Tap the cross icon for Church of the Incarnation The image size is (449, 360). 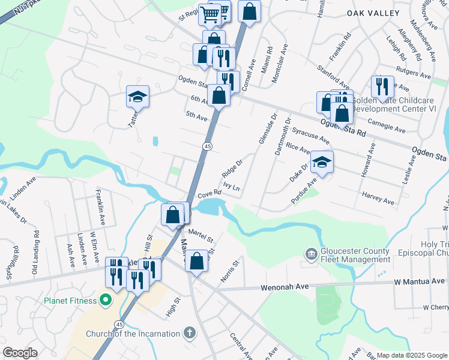pos(190,333)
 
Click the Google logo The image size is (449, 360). pos(20,353)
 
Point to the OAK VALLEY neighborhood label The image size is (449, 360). pos(373,13)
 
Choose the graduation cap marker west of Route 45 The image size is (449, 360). pos(137,96)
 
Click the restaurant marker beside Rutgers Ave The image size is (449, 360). pos(382,88)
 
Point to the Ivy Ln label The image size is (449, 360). pos(232,187)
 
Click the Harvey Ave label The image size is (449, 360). pos(378,198)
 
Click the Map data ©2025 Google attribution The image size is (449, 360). pos(411,355)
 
